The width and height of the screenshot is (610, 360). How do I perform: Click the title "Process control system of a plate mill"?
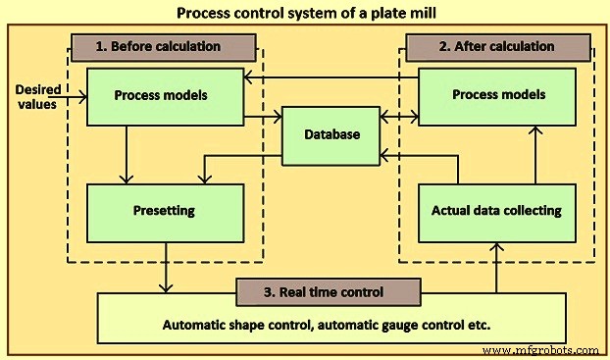[304, 14]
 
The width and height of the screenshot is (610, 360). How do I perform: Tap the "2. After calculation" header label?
[498, 46]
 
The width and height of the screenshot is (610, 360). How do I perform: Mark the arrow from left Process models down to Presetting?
[126, 155]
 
